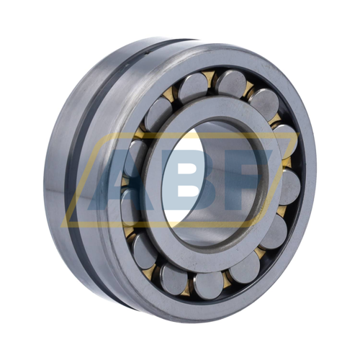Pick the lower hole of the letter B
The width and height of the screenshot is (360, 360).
coord(189,191)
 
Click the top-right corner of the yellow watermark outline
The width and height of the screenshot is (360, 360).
coord(300,132)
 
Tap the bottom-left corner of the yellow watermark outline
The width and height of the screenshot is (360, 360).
coord(62,227)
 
